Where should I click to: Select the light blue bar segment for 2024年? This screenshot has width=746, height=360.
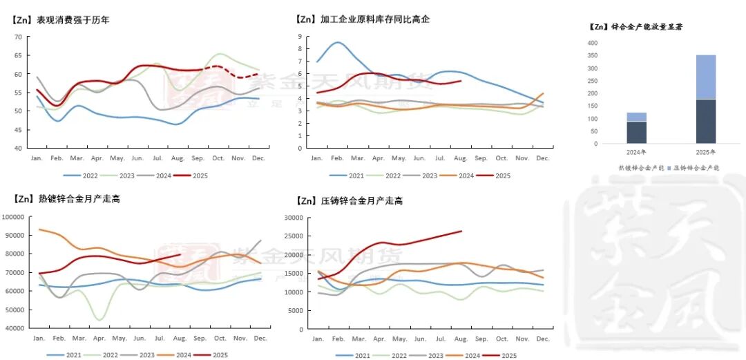[637, 117]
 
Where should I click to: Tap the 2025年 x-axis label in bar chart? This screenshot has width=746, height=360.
[705, 152]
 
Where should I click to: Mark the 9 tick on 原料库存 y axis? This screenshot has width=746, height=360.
[300, 37]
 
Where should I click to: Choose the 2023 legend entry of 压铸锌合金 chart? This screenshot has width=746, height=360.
[434, 355]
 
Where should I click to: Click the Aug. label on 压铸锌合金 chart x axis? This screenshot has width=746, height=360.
[461, 339]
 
